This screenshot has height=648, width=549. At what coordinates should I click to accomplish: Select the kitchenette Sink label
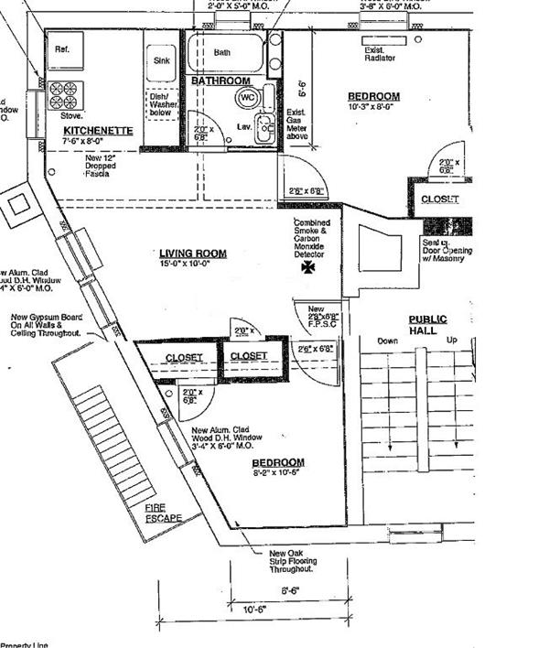[x=156, y=61]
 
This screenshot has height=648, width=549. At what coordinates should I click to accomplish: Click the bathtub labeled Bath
[x=223, y=53]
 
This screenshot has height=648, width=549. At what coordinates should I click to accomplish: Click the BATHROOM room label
[x=221, y=82]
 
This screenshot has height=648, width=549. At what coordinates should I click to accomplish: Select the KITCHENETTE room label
[x=97, y=131]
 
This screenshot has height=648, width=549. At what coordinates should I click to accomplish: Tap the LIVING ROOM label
[x=193, y=254]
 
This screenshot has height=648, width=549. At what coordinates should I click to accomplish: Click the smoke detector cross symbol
[x=307, y=268]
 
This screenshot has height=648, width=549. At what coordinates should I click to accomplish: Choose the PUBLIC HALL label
[x=427, y=324]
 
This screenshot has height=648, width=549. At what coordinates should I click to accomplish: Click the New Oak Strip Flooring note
[x=292, y=560]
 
